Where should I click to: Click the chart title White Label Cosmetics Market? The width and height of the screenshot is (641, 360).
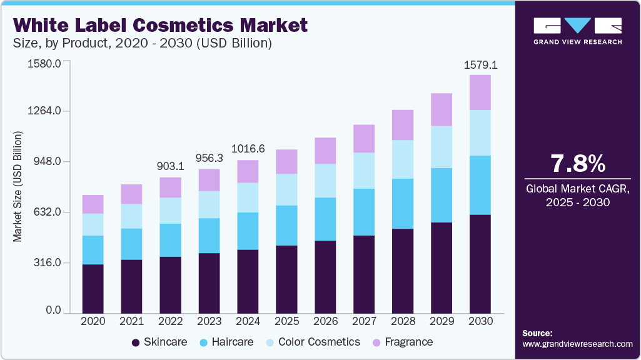coord(161,25)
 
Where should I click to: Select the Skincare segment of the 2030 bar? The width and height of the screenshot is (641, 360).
coord(480,263)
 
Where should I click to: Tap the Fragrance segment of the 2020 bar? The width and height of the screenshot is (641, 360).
coord(93,204)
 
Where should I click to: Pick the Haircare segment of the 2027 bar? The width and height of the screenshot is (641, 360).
coord(364,212)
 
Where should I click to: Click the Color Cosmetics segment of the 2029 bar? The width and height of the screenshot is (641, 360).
coord(442,147)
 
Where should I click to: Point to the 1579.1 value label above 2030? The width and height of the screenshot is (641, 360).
coord(480,65)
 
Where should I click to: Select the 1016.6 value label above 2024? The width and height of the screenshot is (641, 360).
coord(248,149)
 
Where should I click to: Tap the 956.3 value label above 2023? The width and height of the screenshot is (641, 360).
coord(209,158)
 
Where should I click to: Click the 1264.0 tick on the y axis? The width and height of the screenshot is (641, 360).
coord(44,111)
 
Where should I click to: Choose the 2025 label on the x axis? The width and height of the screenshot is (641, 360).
coord(286,321)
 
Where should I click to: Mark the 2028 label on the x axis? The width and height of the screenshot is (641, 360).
coord(403,321)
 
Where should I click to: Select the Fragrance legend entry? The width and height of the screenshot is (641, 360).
coord(403,342)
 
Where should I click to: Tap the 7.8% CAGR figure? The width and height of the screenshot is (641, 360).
coord(577,163)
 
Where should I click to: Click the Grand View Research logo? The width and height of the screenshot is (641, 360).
coord(577,31)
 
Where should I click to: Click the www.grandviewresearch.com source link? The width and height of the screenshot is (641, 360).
coord(577,344)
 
